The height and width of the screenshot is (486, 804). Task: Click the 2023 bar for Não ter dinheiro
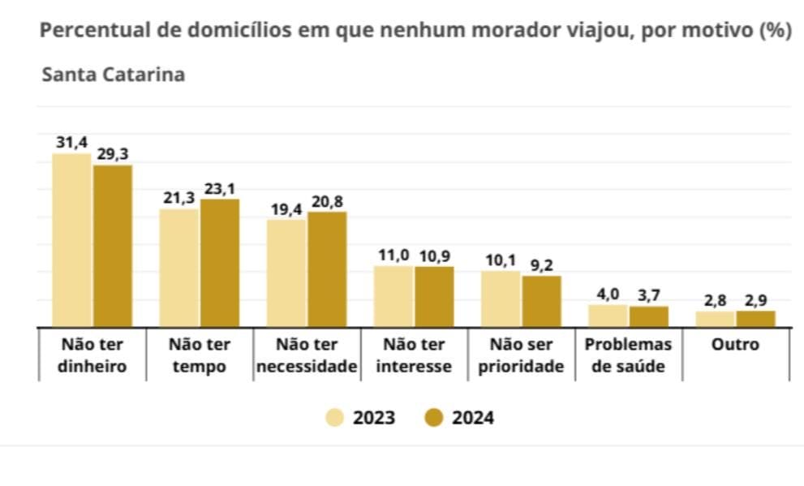tap(71, 240)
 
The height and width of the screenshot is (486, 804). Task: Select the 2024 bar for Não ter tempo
tap(220, 263)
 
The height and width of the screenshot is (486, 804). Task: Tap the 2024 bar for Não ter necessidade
tap(327, 269)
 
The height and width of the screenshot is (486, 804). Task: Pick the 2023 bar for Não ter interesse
tap(393, 296)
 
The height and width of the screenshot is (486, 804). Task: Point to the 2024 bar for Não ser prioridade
tap(541, 301)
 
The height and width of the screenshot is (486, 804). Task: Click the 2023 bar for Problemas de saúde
tap(608, 316)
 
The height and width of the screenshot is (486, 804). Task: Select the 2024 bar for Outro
tap(756, 318)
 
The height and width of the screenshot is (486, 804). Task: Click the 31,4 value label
tap(71, 143)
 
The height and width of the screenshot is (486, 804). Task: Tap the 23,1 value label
tap(220, 189)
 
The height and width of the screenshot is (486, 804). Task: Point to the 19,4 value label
tap(286, 209)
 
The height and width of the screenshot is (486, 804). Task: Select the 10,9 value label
tap(434, 256)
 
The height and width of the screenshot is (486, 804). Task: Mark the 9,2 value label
tap(541, 265)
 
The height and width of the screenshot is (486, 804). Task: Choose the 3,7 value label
tap(649, 295)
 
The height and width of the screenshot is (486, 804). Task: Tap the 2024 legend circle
tap(434, 418)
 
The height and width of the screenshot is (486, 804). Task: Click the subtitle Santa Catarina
tap(114, 75)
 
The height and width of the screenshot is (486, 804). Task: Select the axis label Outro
tap(735, 345)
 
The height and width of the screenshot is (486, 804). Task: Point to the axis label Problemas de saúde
tap(628, 355)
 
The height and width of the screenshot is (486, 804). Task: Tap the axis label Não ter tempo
tap(200, 355)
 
